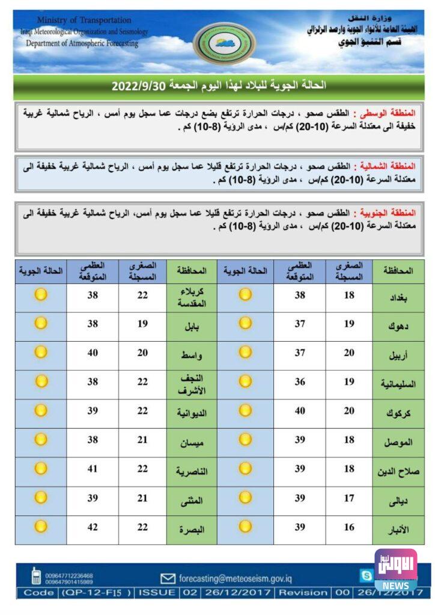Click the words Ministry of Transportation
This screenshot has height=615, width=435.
tap(84, 20)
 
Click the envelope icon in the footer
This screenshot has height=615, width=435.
tap(168, 578)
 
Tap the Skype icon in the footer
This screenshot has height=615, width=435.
tap(366, 576)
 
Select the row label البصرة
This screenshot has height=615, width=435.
tap(193, 530)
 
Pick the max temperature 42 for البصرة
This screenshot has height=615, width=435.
tap(93, 527)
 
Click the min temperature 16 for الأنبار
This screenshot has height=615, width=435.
tap(349, 527)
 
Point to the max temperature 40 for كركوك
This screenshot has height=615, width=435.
tap(300, 411)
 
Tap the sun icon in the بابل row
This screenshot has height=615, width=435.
tap(40, 323)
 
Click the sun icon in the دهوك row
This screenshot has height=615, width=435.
tap(245, 323)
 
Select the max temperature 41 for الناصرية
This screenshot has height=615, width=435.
tap(93, 468)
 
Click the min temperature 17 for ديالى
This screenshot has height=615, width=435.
tap(349, 498)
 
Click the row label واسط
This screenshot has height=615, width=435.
tap(193, 356)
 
